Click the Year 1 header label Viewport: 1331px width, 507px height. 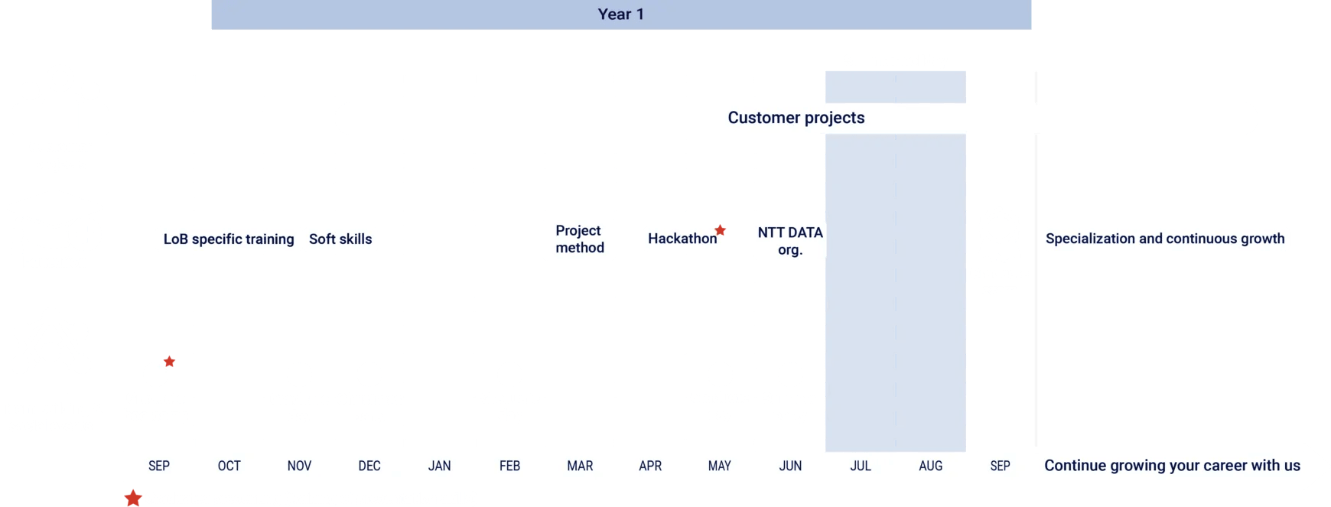[x=620, y=14]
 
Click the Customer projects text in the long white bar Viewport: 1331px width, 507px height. [x=796, y=118]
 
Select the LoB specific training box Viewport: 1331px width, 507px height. [x=229, y=239]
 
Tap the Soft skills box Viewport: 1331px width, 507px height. [x=340, y=239]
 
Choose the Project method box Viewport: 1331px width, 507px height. [x=579, y=239]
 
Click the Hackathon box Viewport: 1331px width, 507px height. [x=682, y=239]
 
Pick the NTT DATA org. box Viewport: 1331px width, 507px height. [x=789, y=240]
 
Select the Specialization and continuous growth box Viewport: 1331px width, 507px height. [x=1165, y=239]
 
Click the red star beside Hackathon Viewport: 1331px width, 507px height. [x=720, y=229]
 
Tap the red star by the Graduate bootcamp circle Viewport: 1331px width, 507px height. [x=170, y=362]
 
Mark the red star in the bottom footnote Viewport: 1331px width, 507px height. [x=133, y=499]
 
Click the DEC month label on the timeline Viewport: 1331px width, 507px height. [x=369, y=466]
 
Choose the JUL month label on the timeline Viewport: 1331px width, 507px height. [x=861, y=466]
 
